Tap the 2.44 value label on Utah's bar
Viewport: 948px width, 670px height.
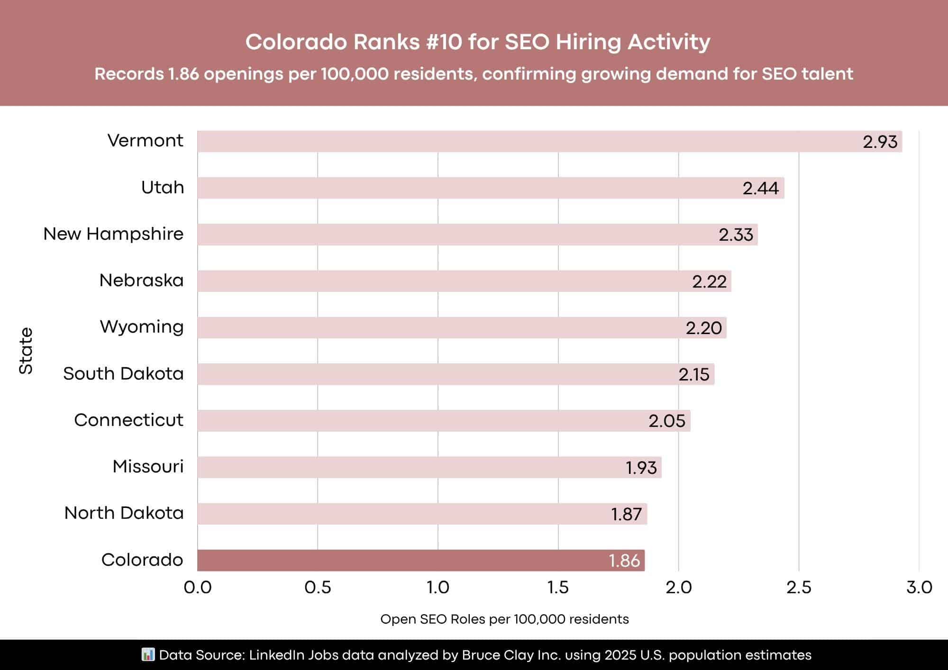(x=760, y=188)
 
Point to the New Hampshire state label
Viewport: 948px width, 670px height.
(x=113, y=234)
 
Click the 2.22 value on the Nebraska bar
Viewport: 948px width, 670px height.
(x=709, y=281)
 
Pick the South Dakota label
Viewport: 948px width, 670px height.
(x=123, y=374)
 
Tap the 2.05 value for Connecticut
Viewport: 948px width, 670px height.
(x=666, y=421)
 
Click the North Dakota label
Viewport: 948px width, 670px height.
(x=124, y=513)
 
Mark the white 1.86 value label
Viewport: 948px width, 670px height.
(x=624, y=561)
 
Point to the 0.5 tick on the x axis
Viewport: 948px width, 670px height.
(x=318, y=588)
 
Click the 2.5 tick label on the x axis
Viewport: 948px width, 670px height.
(x=799, y=588)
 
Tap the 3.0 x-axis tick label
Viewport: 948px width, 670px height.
(x=919, y=588)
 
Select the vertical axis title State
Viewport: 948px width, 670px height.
(x=26, y=351)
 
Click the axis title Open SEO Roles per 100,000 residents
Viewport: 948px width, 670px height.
(x=504, y=619)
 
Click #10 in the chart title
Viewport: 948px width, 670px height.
(x=444, y=42)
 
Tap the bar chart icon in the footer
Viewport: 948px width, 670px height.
(x=148, y=655)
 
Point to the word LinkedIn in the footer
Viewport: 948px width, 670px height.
(x=277, y=655)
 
